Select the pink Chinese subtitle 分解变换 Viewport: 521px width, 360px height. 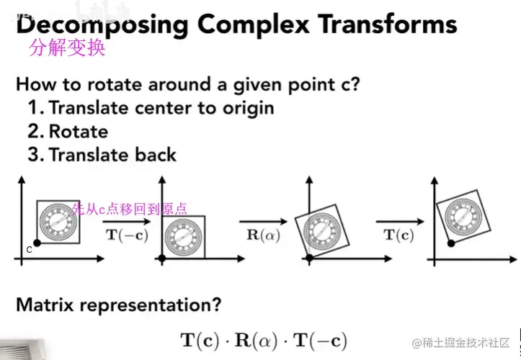click(67, 48)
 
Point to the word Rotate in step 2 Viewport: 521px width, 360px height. click(79, 132)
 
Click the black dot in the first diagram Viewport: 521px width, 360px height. click(37, 244)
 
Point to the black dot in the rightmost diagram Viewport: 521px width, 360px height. click(450, 244)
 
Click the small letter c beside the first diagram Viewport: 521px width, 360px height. click(29, 250)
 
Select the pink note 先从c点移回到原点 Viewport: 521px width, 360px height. click(130, 209)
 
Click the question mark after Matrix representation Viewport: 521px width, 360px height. click(215, 305)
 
